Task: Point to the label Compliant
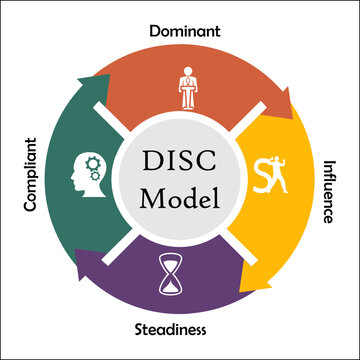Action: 30,172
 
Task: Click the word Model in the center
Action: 181,197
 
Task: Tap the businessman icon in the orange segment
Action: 187,88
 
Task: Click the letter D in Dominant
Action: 153,31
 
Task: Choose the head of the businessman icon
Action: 187,71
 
